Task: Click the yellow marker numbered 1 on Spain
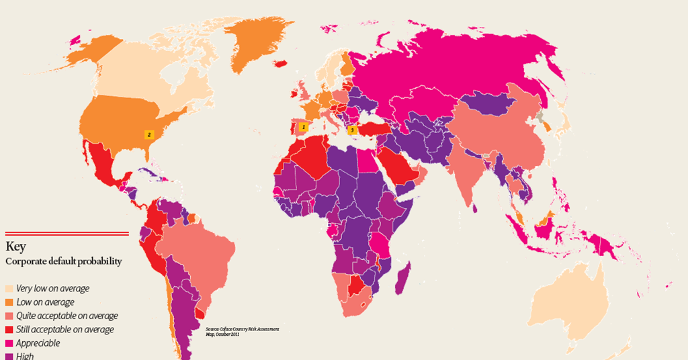pos(303,126)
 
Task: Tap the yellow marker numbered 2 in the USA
pos(149,134)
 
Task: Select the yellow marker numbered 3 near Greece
pos(351,130)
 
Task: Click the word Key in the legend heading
pos(15,246)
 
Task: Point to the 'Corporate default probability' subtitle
pos(64,261)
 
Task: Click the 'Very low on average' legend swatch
pos(9,289)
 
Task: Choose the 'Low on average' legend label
pos(44,302)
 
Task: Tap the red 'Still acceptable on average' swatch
pos(9,330)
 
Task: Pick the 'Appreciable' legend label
pos(38,343)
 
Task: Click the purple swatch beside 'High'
pos(9,356)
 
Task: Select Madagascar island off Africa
pos(403,279)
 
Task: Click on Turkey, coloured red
pos(370,130)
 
